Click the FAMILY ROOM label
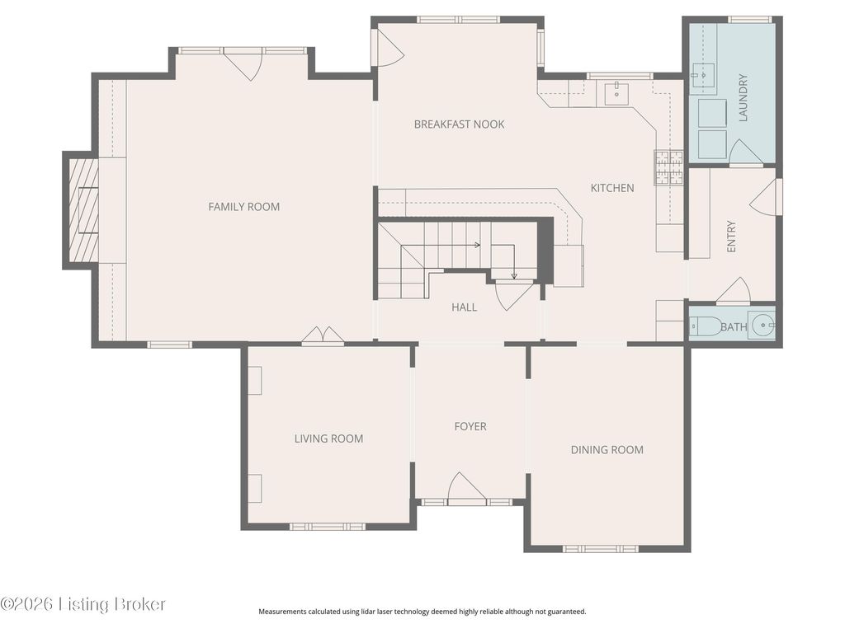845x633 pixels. coord(243,207)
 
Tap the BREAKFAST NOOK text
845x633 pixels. coord(459,124)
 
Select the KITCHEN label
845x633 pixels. coord(612,188)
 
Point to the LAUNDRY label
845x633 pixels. coord(744,97)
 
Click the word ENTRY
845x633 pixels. coord(731,237)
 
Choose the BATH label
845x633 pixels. coord(734,326)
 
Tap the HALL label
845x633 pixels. coord(464,307)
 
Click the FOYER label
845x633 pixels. coord(470,426)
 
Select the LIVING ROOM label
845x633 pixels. coord(328,438)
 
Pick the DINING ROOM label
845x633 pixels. coord(607,450)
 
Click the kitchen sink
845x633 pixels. coord(616,94)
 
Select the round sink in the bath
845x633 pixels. coord(763,325)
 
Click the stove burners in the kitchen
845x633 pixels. coord(668,167)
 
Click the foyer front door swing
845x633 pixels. coord(467,489)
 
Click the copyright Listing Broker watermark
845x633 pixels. coord(83,604)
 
